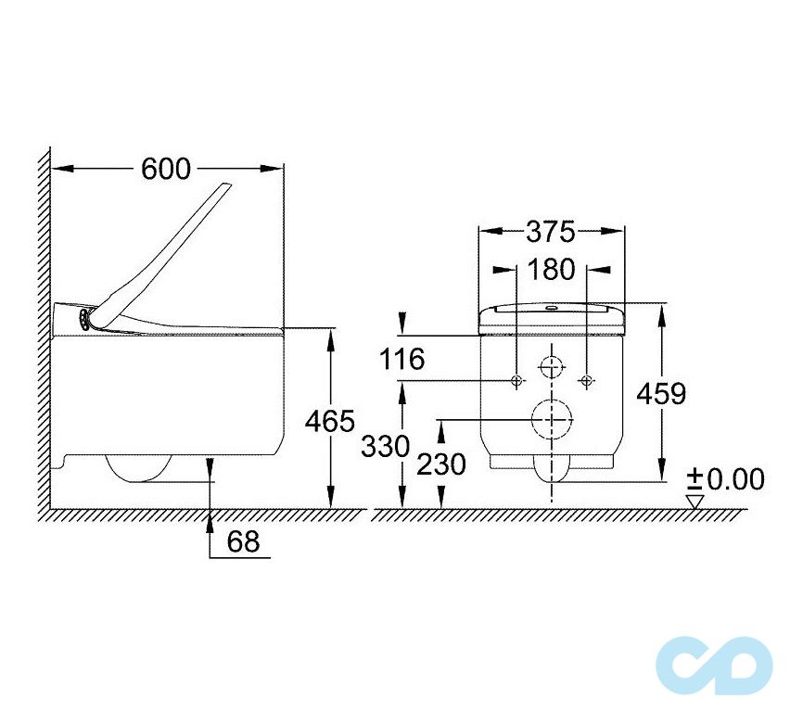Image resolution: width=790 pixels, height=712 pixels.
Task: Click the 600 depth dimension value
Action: [x=166, y=169]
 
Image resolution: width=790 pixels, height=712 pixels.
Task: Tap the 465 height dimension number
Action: [x=330, y=421]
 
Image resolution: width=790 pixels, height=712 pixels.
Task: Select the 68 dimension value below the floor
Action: [x=243, y=541]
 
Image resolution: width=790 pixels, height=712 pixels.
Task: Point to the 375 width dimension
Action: [x=551, y=232]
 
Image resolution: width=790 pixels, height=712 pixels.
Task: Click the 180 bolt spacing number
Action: [x=551, y=270]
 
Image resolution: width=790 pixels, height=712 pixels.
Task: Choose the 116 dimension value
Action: [x=401, y=360]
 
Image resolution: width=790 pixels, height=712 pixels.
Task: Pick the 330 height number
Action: [x=386, y=447]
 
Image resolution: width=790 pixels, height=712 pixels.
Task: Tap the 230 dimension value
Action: [x=440, y=464]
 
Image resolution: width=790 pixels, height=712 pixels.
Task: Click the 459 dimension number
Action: [x=661, y=393]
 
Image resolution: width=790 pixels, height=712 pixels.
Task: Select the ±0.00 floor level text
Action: [x=727, y=479]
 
